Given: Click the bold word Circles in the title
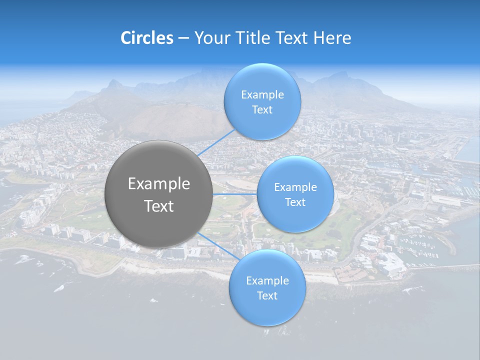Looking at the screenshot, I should click(147, 38).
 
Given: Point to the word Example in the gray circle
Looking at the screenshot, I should click(159, 184).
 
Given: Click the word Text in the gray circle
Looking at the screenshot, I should click(159, 206).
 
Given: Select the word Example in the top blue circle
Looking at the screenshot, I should click(262, 95).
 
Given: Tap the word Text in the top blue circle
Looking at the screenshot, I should click(262, 110).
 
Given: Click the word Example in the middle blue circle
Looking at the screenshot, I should click(295, 187).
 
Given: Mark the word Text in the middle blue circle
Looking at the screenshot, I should click(295, 202).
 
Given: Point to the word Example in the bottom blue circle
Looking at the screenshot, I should click(267, 281).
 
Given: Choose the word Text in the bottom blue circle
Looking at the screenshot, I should click(267, 296).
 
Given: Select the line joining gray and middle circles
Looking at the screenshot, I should click(235, 193).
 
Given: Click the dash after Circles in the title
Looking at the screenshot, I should click(183, 38).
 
